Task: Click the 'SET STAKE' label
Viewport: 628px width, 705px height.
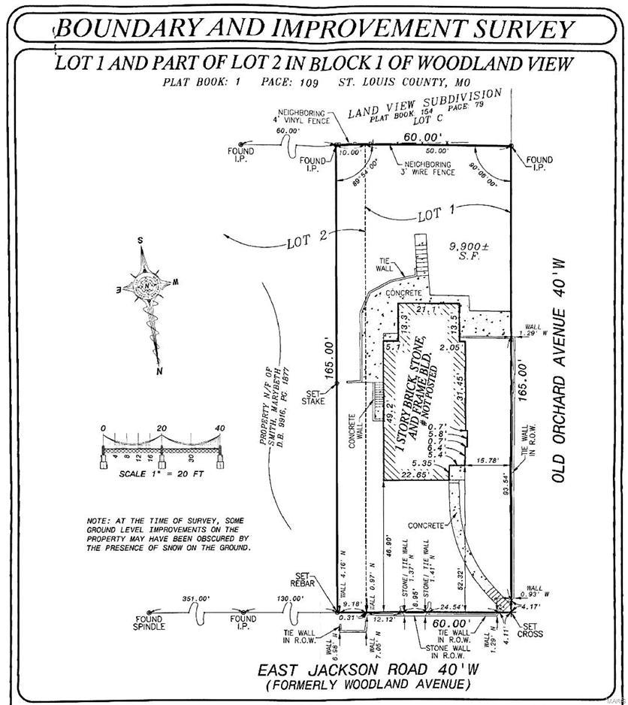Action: click(x=313, y=397)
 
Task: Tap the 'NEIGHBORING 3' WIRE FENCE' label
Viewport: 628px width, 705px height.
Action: click(x=428, y=168)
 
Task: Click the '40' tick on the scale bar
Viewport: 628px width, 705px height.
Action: click(x=219, y=428)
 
